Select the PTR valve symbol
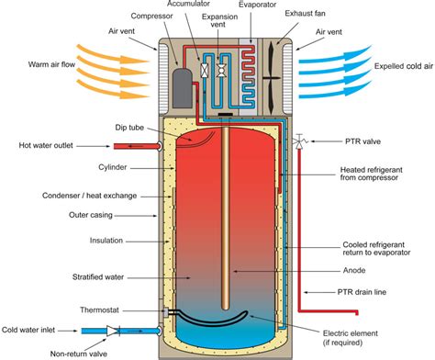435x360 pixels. (299, 144)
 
